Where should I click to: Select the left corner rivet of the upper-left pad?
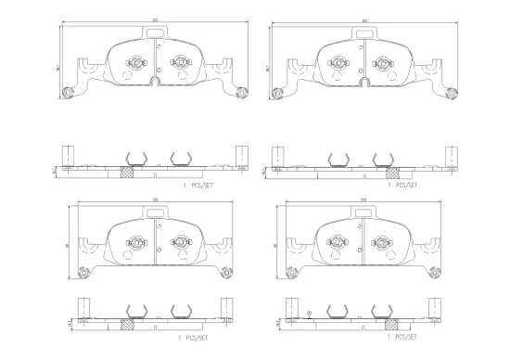tap(66, 91)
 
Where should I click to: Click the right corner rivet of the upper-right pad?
tap(453, 91)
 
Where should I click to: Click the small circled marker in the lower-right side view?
tap(309, 313)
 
